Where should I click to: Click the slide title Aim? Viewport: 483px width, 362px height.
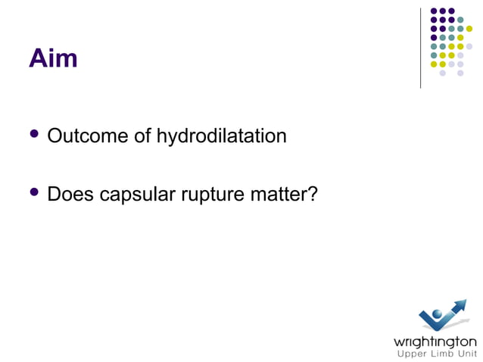pyautogui.click(x=53, y=58)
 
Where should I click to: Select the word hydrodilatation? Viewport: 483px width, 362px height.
pyautogui.click(x=222, y=137)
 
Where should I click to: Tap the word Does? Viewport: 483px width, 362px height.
pyautogui.click(x=69, y=195)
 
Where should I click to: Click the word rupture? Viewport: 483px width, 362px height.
pyautogui.click(x=210, y=196)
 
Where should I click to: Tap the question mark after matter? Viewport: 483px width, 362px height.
pyautogui.click(x=310, y=195)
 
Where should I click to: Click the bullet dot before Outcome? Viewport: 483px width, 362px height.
pyautogui.click(x=33, y=136)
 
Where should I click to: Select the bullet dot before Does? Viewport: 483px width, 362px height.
pyautogui.click(x=33, y=193)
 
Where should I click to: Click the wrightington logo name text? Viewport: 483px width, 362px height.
pyautogui.click(x=435, y=341)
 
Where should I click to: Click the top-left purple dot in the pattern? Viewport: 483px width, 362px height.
pyautogui.click(x=434, y=11)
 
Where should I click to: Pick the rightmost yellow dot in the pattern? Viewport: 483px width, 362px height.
pyautogui.click(x=469, y=30)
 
